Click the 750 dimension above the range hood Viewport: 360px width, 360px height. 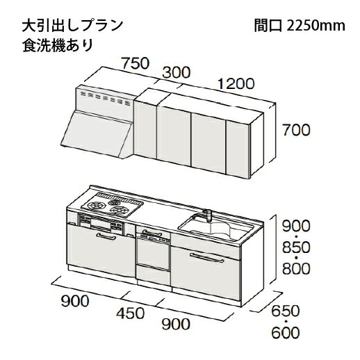tap(136, 63)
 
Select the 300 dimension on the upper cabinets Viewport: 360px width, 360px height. tap(177, 72)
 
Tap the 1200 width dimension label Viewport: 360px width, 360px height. tap(236, 83)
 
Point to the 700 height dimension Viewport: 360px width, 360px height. tap(296, 130)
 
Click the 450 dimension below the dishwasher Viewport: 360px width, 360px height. tap(130, 313)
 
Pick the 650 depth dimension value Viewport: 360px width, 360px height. tap(286, 311)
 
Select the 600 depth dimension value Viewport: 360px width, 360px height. tap(286, 333)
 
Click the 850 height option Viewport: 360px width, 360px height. tap(296, 247)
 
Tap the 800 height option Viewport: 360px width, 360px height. tap(296, 268)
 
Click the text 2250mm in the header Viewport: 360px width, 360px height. tap(316, 26)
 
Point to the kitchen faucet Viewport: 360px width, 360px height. tap(208, 215)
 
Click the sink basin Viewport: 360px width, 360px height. tap(217, 227)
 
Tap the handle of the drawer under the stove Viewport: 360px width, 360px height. tap(106, 236)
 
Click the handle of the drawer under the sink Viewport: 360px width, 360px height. tap(206, 258)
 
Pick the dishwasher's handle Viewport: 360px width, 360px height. tap(152, 232)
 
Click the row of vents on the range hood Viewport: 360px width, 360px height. tap(105, 98)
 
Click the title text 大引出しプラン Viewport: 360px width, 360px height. tap(72, 26)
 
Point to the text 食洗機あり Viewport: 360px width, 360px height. tap(58, 45)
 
